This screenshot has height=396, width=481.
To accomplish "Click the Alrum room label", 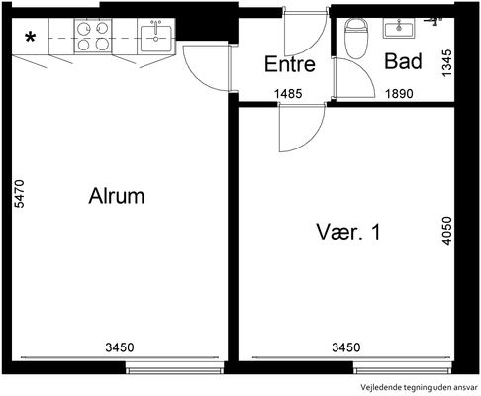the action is tap(117, 196).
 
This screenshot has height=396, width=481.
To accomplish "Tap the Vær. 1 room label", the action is tap(348, 232).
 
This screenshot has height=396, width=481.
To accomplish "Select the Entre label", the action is tap(290, 64).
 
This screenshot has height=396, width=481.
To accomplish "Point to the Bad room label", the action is tap(403, 61).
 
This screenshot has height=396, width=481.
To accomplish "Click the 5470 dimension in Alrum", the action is tap(20, 194).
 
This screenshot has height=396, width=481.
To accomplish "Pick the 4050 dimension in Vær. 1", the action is tap(446, 231).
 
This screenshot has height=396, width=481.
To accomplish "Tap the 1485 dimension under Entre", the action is tap(288, 94).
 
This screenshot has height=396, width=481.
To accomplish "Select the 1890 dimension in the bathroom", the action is tap(399, 94).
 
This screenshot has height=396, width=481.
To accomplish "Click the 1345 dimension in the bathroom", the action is tap(446, 63).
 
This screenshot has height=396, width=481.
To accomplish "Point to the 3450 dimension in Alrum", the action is tap(120, 347).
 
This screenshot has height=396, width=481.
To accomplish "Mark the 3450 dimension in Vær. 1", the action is tap(346, 347).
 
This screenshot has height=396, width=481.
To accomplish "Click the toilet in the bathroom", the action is tap(356, 39).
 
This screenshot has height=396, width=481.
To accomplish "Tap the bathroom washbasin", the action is tap(399, 28).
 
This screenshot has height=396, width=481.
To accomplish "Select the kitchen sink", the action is tap(155, 38).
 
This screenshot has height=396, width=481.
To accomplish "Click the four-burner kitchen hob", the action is tap(93, 37).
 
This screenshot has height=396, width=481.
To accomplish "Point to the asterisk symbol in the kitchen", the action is tap(31, 38).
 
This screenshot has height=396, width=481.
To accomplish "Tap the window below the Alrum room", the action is tap(175, 367).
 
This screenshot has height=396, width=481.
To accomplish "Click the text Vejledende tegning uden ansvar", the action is tap(419, 387).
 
